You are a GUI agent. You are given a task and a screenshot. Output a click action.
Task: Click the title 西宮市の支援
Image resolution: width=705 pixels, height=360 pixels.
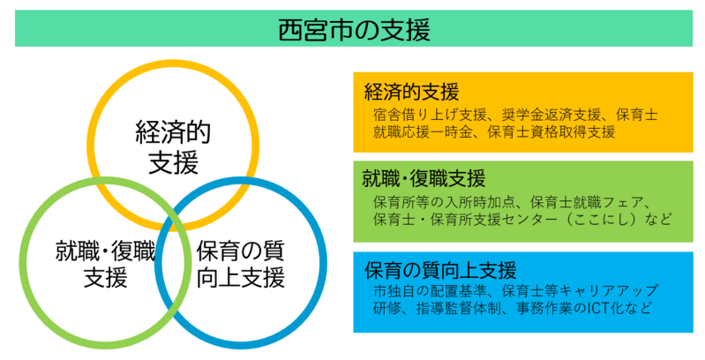(354, 29)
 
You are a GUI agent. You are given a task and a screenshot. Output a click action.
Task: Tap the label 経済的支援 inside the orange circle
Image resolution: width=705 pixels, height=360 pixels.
(173, 147)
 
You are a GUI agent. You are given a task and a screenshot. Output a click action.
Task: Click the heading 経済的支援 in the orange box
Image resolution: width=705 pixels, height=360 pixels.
(411, 92)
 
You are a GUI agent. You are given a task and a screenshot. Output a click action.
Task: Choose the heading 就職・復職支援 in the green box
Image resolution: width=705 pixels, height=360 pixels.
(424, 178)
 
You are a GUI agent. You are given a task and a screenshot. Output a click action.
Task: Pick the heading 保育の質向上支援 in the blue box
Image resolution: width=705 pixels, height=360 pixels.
(440, 271)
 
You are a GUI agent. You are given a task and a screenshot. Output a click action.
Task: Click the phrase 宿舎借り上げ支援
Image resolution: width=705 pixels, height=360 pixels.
(430, 115)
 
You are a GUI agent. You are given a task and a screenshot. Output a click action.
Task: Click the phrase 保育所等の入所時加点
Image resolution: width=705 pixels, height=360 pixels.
(444, 202)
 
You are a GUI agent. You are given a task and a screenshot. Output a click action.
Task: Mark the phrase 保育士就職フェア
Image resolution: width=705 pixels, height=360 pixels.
(587, 202)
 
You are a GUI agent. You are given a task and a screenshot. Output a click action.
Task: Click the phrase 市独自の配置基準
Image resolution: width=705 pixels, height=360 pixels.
(430, 290)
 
